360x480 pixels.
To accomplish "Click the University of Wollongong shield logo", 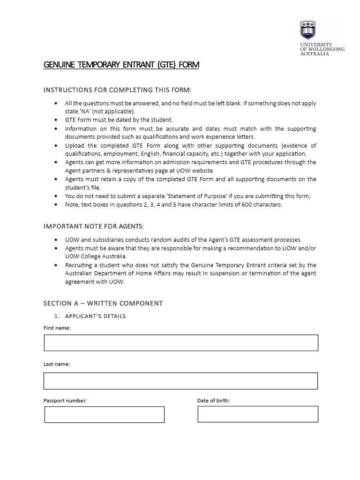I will (x=307, y=30).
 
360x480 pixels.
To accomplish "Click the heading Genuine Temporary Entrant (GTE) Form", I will (x=121, y=65).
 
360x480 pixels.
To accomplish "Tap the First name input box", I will (x=181, y=343).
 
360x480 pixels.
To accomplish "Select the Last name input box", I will (x=181, y=381).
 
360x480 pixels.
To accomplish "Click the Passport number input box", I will (x=105, y=414).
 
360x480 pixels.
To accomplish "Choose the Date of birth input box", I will (x=258, y=414).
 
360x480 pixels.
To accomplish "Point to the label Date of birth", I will (x=213, y=401).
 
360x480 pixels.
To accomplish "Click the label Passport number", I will (x=65, y=401).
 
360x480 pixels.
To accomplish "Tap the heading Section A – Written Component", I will (x=103, y=303).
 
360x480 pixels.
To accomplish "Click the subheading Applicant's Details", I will (x=95, y=316).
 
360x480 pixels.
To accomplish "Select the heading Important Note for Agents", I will (x=93, y=226).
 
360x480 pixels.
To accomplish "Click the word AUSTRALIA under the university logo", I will (x=315, y=54).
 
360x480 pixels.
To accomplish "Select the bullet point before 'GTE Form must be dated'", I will (x=57, y=120).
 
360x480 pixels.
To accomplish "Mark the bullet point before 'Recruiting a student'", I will (x=57, y=265).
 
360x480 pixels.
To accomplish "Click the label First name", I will (x=57, y=328).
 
